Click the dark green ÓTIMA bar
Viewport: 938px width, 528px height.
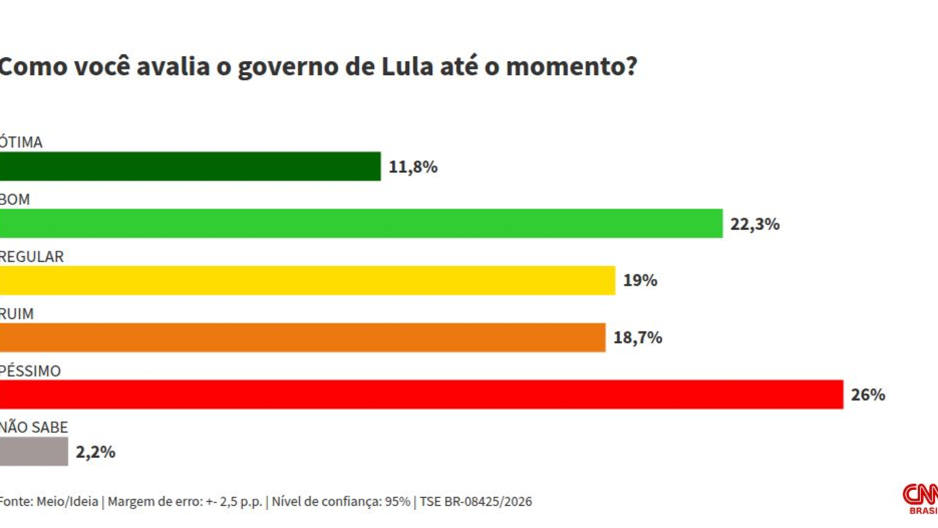tap(190, 167)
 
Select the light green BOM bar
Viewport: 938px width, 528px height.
tap(361, 224)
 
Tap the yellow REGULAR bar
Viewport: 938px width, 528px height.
tap(307, 280)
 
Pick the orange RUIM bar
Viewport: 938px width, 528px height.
tap(303, 337)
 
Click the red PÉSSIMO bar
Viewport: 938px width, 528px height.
tap(422, 394)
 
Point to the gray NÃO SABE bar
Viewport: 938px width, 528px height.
tap(33, 452)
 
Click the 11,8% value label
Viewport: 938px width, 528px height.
tap(413, 167)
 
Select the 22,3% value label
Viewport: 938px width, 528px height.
tap(755, 224)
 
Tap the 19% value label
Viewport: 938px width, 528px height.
tap(640, 280)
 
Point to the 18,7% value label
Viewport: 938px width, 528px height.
tap(638, 338)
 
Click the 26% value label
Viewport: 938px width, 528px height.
tap(868, 395)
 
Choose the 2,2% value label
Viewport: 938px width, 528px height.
tap(96, 452)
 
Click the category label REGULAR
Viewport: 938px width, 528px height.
tap(32, 257)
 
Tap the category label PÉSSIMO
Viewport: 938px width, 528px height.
tap(30, 371)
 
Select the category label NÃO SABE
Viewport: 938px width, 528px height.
tap(33, 428)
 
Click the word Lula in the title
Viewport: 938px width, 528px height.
tap(407, 66)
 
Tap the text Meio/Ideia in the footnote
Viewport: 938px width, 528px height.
tap(67, 502)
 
